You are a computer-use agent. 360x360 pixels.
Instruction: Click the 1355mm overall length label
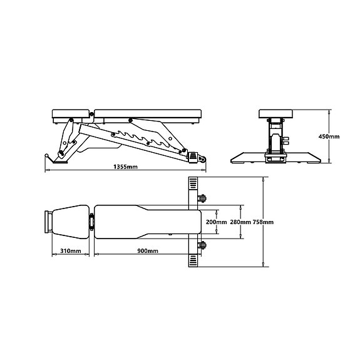[126, 168]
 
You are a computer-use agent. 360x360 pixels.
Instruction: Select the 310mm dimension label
[70, 251]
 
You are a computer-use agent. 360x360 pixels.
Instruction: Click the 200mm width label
[216, 222]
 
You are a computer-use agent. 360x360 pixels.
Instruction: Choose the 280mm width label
[240, 222]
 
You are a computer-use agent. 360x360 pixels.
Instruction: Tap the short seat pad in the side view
[71, 114]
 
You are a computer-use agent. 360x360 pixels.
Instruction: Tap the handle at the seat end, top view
[47, 222]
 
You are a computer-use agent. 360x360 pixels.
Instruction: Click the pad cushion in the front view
[276, 114]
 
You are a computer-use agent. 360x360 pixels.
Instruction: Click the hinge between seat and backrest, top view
[92, 222]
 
